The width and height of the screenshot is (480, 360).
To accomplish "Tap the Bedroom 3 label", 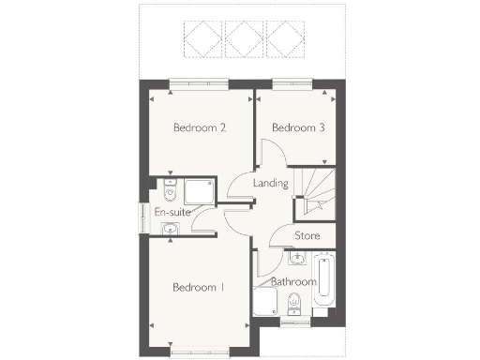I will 298,127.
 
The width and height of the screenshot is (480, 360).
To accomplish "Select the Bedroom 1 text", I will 198,287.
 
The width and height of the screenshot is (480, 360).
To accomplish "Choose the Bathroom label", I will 293,280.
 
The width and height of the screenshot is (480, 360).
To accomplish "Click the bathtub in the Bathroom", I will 323,279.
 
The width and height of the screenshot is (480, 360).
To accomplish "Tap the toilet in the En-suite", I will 170,193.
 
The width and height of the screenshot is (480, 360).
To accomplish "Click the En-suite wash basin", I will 170,228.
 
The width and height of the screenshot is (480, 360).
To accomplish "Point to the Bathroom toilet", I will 293,303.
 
